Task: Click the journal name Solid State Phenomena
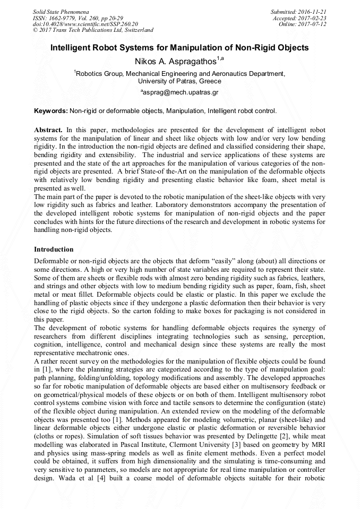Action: click(61, 11)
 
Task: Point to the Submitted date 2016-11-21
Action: click(313, 11)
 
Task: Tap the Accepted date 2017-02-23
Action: click(314, 18)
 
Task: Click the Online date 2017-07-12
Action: click(314, 24)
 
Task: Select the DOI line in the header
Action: click(85, 24)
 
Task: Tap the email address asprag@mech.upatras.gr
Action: click(181, 92)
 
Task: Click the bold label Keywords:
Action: click(50, 111)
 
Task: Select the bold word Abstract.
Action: click(48, 130)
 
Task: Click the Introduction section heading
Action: click(54, 249)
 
